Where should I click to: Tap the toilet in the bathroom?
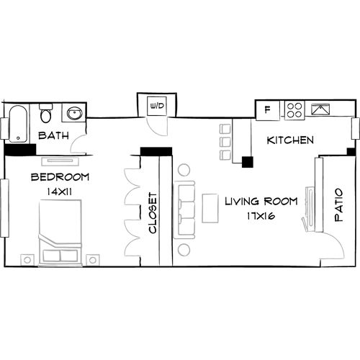(x=46, y=114)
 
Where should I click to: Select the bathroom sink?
(x=73, y=113)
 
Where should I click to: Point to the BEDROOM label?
(x=60, y=177)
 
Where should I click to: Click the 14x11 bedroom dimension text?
(x=60, y=192)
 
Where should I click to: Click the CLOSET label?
(x=153, y=212)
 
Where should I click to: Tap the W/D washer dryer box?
(x=156, y=107)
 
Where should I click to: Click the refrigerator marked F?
(x=268, y=110)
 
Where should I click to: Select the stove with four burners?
(x=294, y=110)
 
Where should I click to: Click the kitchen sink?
(x=320, y=110)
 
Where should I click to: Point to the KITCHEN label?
(x=291, y=140)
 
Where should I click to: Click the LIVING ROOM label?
(x=256, y=201)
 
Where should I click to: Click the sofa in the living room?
(x=186, y=210)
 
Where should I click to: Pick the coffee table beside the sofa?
(x=210, y=210)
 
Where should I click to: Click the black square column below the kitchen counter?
(x=247, y=162)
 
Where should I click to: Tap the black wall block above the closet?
(x=156, y=151)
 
